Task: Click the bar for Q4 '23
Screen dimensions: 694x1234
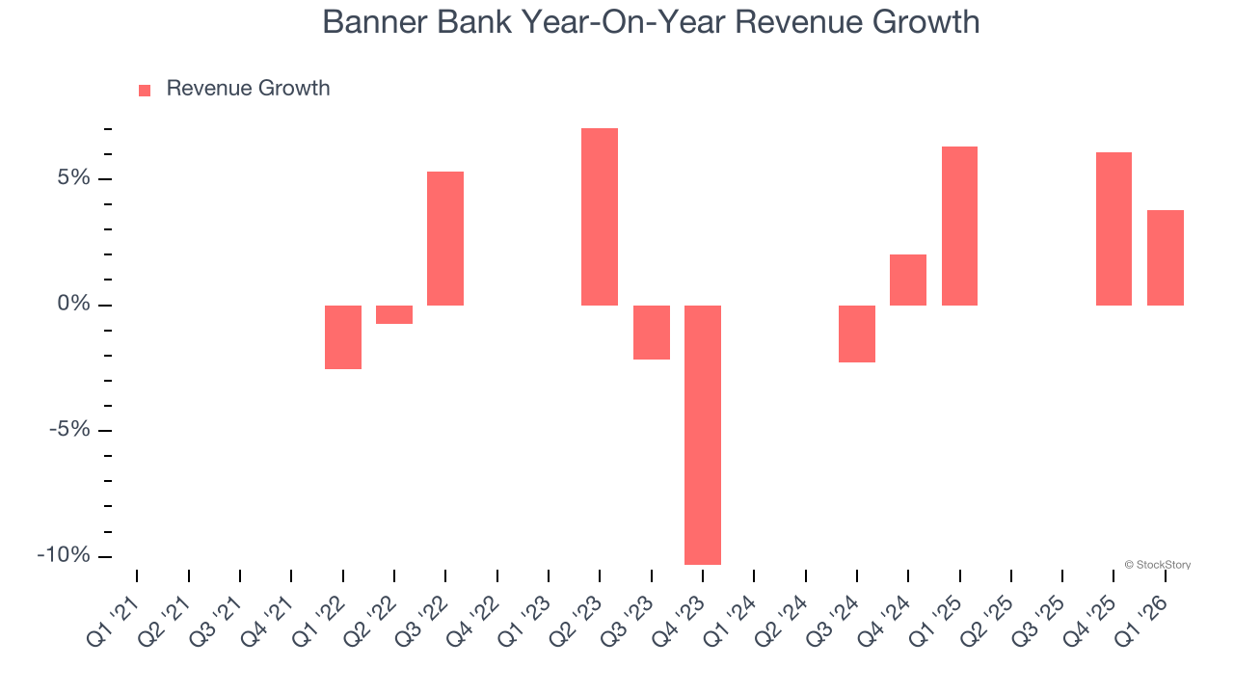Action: (x=703, y=435)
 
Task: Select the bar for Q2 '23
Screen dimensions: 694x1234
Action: (x=600, y=217)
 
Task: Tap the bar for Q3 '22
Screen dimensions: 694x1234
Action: (x=445, y=238)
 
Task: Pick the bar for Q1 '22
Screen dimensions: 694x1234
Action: (x=343, y=337)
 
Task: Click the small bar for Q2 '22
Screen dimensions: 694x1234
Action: (x=394, y=314)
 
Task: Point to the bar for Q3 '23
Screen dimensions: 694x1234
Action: (x=652, y=333)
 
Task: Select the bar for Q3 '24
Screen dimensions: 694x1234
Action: (x=857, y=334)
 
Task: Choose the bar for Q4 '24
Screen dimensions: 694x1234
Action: (x=908, y=280)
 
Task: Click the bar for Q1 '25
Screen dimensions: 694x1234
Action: (x=959, y=226)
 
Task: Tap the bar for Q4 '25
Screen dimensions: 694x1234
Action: (x=1113, y=228)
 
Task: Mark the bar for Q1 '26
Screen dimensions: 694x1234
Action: (x=1165, y=257)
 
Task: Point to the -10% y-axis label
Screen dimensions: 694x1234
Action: (x=64, y=556)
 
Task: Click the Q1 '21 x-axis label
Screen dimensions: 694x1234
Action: (x=113, y=609)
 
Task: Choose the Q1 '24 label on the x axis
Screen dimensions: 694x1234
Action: (x=730, y=609)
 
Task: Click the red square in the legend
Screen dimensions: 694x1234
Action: (x=145, y=90)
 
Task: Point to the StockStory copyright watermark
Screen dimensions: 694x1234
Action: (x=1157, y=565)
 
